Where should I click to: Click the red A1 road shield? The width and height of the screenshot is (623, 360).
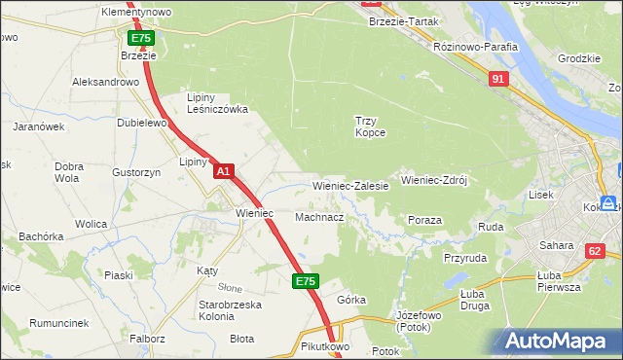[x=224, y=171]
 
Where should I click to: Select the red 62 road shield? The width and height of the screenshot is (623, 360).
[x=595, y=251]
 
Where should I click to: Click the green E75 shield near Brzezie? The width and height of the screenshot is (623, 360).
[x=140, y=38]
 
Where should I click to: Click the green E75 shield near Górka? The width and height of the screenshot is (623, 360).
[x=305, y=281]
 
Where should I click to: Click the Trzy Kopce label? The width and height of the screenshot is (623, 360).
[x=370, y=126]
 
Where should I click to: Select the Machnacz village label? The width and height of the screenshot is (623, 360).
[x=319, y=217]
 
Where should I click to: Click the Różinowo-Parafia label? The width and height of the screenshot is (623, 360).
[x=476, y=46]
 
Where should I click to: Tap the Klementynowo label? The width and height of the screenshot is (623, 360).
[x=136, y=12]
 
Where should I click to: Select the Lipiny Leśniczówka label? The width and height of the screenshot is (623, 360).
[x=217, y=103]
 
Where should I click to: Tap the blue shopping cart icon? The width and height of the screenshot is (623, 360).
[x=610, y=203]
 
